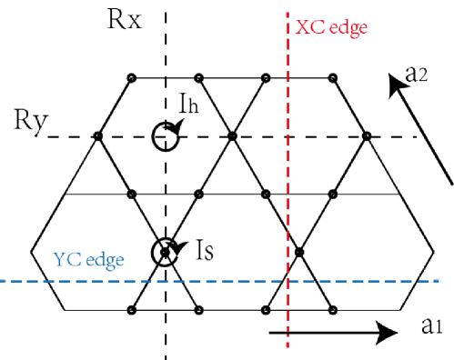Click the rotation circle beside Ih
tap(165, 136)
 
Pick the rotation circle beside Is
tap(165, 250)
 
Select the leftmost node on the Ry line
tap(98, 136)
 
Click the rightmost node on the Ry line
tap(366, 136)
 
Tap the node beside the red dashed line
tap(299, 251)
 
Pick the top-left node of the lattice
tap(132, 76)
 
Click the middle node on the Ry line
tap(233, 136)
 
